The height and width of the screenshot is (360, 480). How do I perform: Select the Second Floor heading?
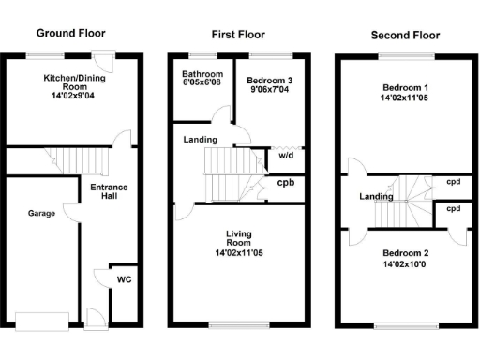(404, 36)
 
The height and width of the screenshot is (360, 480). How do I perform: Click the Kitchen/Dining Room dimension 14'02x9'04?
(73, 97)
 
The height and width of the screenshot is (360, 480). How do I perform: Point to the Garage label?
(41, 214)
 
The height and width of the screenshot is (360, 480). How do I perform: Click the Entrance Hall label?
(109, 192)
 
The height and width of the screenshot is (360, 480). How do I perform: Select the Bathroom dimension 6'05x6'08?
(202, 83)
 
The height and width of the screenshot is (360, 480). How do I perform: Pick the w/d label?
(285, 157)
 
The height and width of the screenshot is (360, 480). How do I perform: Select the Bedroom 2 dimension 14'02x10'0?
(405, 264)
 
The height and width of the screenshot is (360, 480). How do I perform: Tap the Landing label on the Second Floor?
(376, 196)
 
